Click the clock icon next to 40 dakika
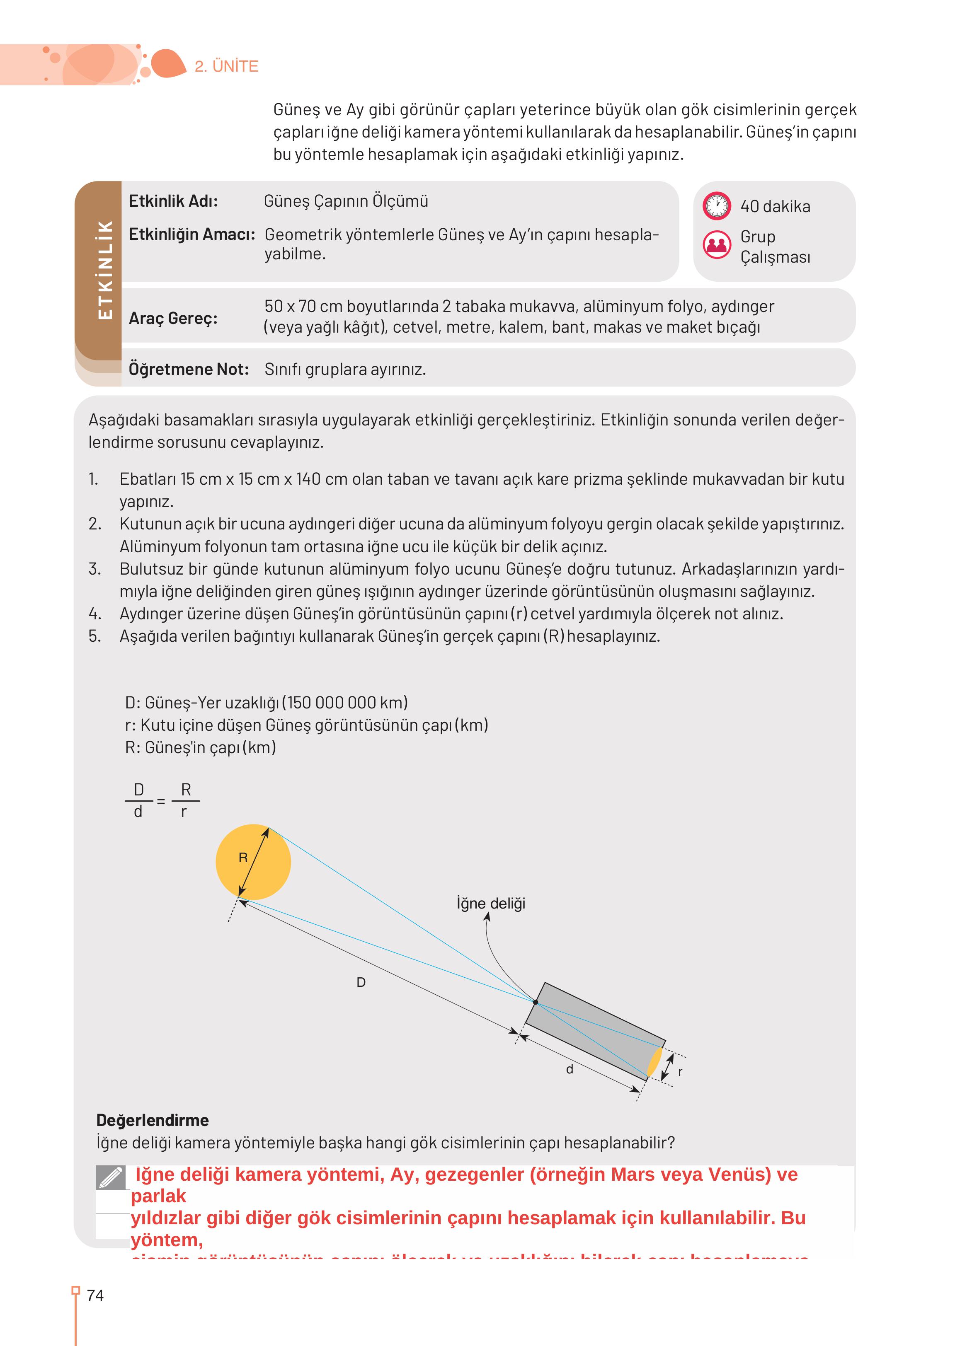pos(716,206)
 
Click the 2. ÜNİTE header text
pos(226,66)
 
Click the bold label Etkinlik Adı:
pos(173,201)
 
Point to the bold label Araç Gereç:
pos(173,318)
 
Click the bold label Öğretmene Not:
pos(188,369)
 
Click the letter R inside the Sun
pos(243,858)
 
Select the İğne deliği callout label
pos(491,904)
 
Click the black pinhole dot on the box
pos(535,1002)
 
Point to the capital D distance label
pos(361,982)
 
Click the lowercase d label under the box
pos(569,1069)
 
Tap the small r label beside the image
pos(680,1071)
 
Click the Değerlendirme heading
pos(152,1120)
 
